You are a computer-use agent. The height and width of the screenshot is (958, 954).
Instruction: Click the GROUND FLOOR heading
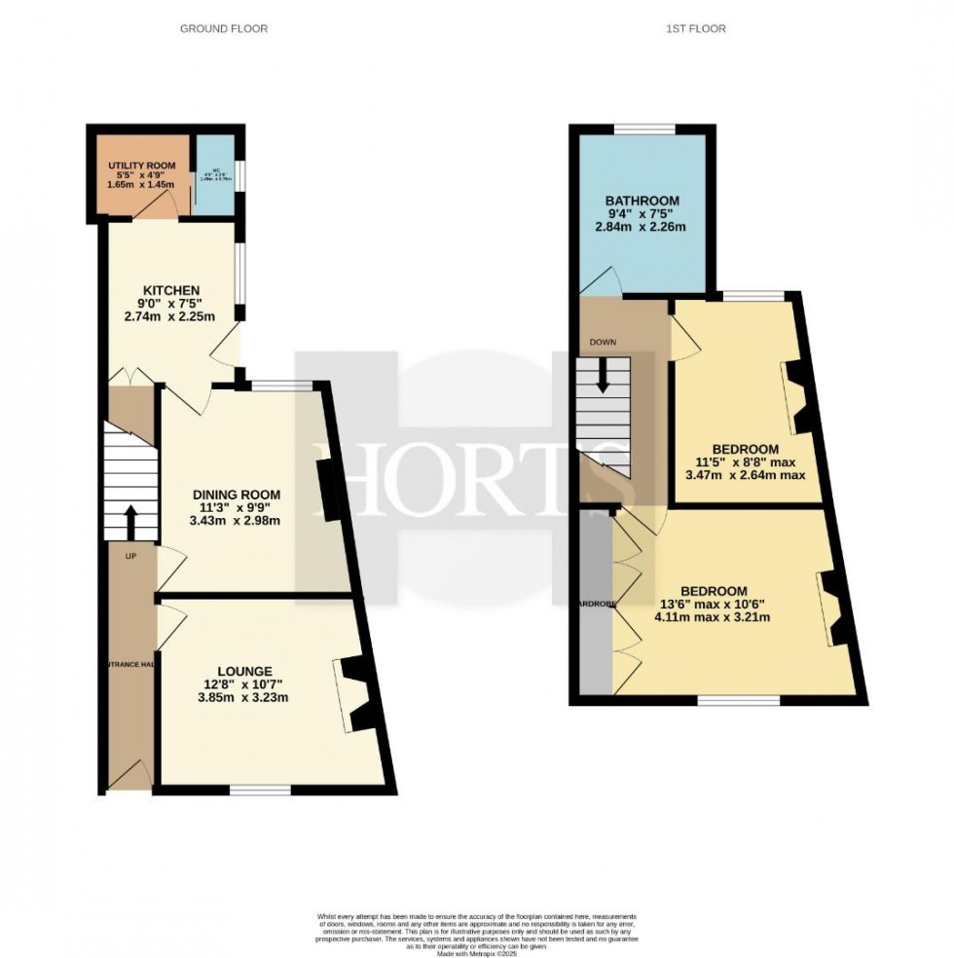point(224,28)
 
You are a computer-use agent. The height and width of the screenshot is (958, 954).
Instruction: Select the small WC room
point(215,176)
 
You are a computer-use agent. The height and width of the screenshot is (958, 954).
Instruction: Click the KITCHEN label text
point(171,290)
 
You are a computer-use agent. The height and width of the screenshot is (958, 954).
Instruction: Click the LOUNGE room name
point(243,670)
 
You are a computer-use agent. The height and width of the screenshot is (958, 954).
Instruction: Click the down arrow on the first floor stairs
point(603,375)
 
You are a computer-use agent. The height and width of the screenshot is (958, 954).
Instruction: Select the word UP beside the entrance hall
point(129,556)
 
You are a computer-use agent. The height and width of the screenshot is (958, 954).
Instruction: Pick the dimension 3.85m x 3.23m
point(243,697)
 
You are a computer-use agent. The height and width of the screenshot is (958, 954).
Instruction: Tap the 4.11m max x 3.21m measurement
point(714,617)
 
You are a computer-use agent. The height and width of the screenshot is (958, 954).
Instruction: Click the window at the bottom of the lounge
point(260,790)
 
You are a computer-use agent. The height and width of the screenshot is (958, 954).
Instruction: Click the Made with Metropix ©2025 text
point(476,955)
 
